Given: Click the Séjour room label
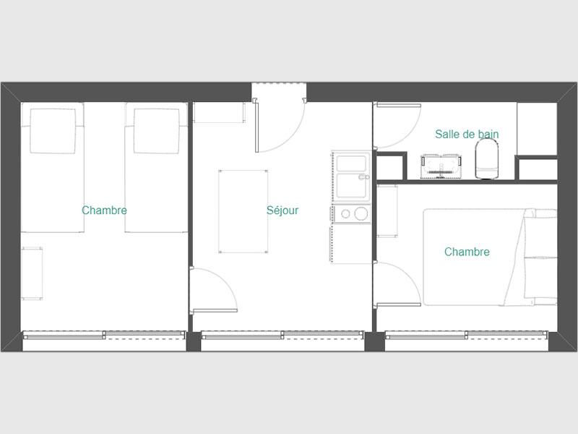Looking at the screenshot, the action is pyautogui.click(x=282, y=210).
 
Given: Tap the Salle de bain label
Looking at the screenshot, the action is pyautogui.click(x=467, y=134).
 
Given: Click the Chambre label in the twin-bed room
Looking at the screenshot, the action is pyautogui.click(x=104, y=210).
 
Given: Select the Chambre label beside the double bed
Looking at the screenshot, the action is pyautogui.click(x=467, y=252).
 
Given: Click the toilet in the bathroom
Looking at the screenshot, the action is pyautogui.click(x=486, y=158).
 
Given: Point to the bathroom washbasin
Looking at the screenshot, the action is pyautogui.click(x=441, y=166).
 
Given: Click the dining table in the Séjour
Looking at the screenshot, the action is pyautogui.click(x=243, y=211).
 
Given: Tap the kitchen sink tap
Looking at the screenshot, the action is pyautogui.click(x=364, y=177).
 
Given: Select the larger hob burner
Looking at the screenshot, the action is pyautogui.click(x=361, y=213).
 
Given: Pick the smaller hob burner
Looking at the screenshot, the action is pyautogui.click(x=345, y=213).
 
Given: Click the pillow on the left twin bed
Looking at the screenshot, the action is pyautogui.click(x=53, y=131).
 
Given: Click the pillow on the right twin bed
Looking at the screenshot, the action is pyautogui.click(x=157, y=131).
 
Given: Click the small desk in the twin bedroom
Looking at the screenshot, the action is pyautogui.click(x=32, y=273).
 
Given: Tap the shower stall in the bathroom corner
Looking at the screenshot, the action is pyautogui.click(x=537, y=129).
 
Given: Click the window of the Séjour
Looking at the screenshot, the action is pyautogui.click(x=282, y=335).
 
